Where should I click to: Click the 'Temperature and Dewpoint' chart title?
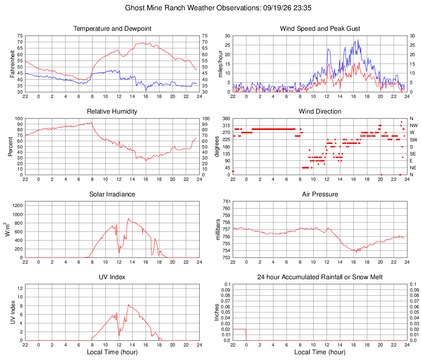tap(112, 29)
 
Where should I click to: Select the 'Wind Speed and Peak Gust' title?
tap(320, 29)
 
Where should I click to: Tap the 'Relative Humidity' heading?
tap(112, 112)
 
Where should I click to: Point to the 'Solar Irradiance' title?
tap(112, 194)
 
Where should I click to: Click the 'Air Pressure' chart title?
tap(320, 194)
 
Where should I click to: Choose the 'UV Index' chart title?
tap(112, 277)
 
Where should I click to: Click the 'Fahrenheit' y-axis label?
tap(12, 64)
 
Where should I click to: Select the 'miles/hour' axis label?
tap(220, 64)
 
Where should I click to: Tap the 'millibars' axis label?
tap(218, 229)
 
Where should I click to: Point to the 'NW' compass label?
tap(414, 125)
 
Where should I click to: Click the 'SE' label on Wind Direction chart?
tap(413, 154)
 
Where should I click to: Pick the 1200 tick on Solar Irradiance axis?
tap(18, 206)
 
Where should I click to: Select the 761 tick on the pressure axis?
tap(226, 201)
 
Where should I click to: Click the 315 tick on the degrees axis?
tap(226, 125)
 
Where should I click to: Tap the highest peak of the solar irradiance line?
tap(128, 218)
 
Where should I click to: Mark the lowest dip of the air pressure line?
tap(356, 252)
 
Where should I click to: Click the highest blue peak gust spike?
tap(357, 40)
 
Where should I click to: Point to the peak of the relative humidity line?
tap(92, 123)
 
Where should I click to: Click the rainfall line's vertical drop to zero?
tap(246, 335)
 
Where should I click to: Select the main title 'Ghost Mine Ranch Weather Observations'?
tap(193, 8)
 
